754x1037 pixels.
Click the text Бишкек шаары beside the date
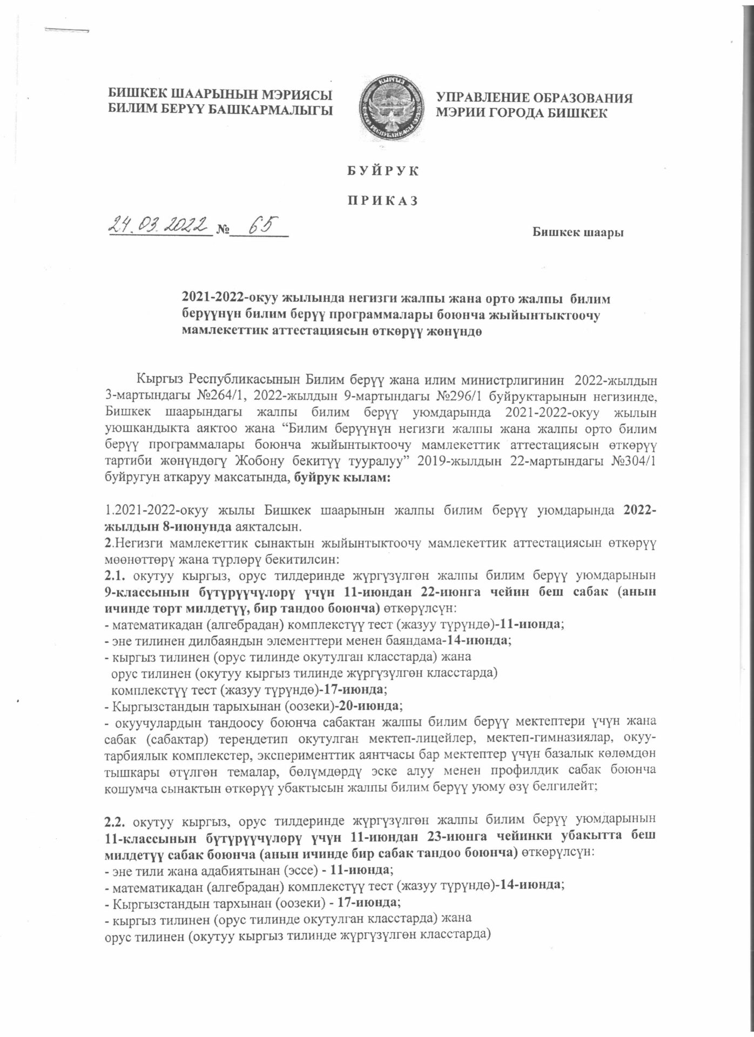(x=578, y=233)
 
